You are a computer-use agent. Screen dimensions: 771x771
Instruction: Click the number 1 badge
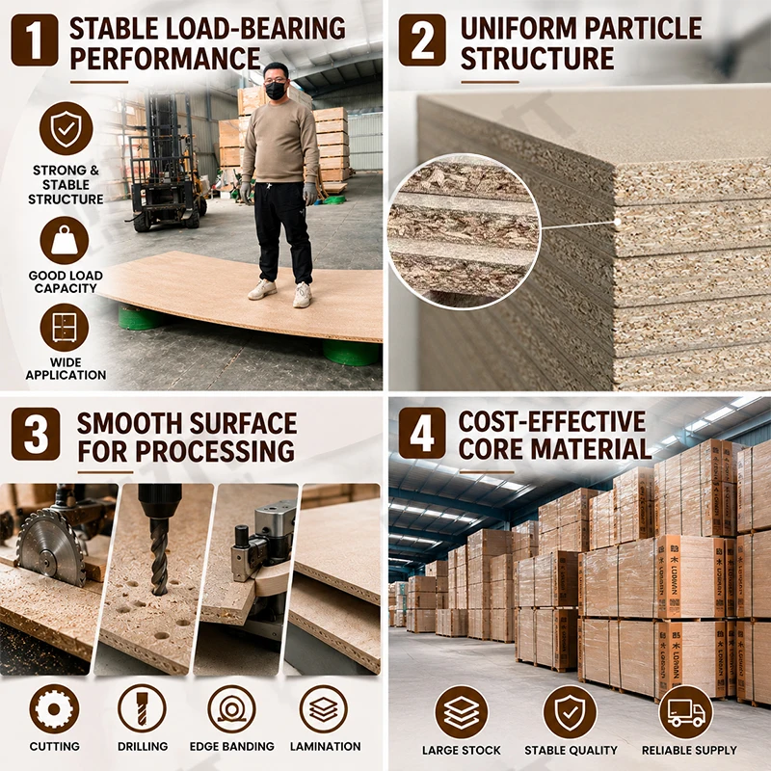(35, 40)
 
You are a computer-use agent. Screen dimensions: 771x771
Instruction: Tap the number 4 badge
(422, 433)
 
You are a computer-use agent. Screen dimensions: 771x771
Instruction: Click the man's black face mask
(276, 91)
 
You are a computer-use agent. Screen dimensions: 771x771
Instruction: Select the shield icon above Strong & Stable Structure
(66, 128)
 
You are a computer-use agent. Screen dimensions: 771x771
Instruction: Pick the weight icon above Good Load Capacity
(65, 240)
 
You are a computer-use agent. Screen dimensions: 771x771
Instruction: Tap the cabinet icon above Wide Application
(65, 328)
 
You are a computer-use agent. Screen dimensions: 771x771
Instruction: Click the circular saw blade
(51, 547)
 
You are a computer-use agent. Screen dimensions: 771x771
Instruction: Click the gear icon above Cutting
(54, 709)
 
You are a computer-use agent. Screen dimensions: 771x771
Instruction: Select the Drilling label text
(143, 746)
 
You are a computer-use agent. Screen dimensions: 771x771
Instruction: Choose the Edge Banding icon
(231, 709)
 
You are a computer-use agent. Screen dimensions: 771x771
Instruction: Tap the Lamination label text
(325, 746)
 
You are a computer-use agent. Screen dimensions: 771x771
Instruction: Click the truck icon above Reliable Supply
(685, 712)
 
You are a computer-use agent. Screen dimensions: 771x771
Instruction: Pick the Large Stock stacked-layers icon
(462, 712)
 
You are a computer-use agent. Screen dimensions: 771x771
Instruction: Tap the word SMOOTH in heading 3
(130, 423)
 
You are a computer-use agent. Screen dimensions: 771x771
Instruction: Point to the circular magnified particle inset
(464, 231)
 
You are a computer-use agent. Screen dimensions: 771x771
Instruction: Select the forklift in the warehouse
(166, 162)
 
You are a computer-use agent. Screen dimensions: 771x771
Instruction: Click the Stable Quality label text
(571, 751)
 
